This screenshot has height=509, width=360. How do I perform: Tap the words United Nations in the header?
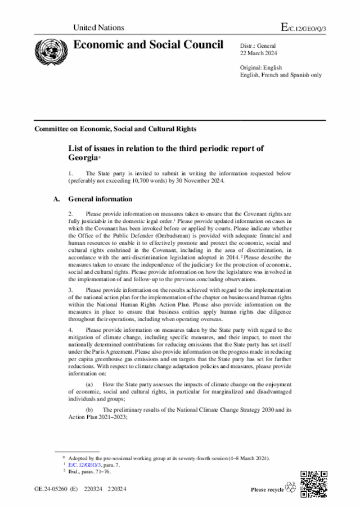click(99, 28)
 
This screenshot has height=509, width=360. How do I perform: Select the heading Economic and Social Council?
click(148, 45)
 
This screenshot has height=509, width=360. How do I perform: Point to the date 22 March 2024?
click(258, 53)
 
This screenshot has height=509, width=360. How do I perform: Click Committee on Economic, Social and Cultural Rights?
click(115, 129)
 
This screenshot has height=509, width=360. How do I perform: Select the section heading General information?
click(100, 199)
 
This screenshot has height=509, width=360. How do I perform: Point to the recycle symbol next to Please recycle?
click(291, 488)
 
